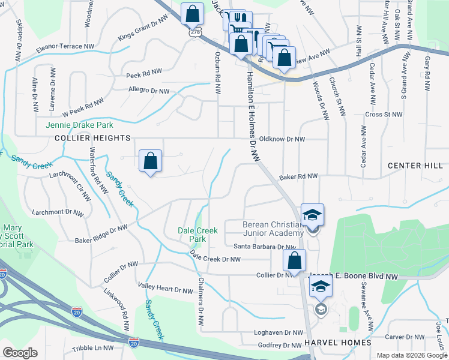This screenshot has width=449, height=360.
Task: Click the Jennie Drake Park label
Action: (79, 125)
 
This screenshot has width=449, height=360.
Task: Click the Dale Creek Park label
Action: (193, 235)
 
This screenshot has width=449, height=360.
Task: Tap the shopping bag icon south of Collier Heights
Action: (151, 161)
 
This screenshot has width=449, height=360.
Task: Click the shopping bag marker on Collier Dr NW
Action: (294, 261)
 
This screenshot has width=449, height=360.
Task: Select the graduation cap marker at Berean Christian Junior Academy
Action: (313, 215)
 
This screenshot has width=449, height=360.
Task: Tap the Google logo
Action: (20, 353)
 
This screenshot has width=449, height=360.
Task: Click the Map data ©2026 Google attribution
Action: (411, 355)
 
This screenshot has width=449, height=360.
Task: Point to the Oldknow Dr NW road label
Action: (282, 139)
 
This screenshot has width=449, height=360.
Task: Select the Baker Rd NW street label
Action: (298, 177)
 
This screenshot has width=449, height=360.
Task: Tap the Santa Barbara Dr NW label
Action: (265, 247)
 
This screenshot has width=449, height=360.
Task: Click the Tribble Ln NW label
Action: (92, 347)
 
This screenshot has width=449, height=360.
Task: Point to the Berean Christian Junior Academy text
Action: (273, 229)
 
